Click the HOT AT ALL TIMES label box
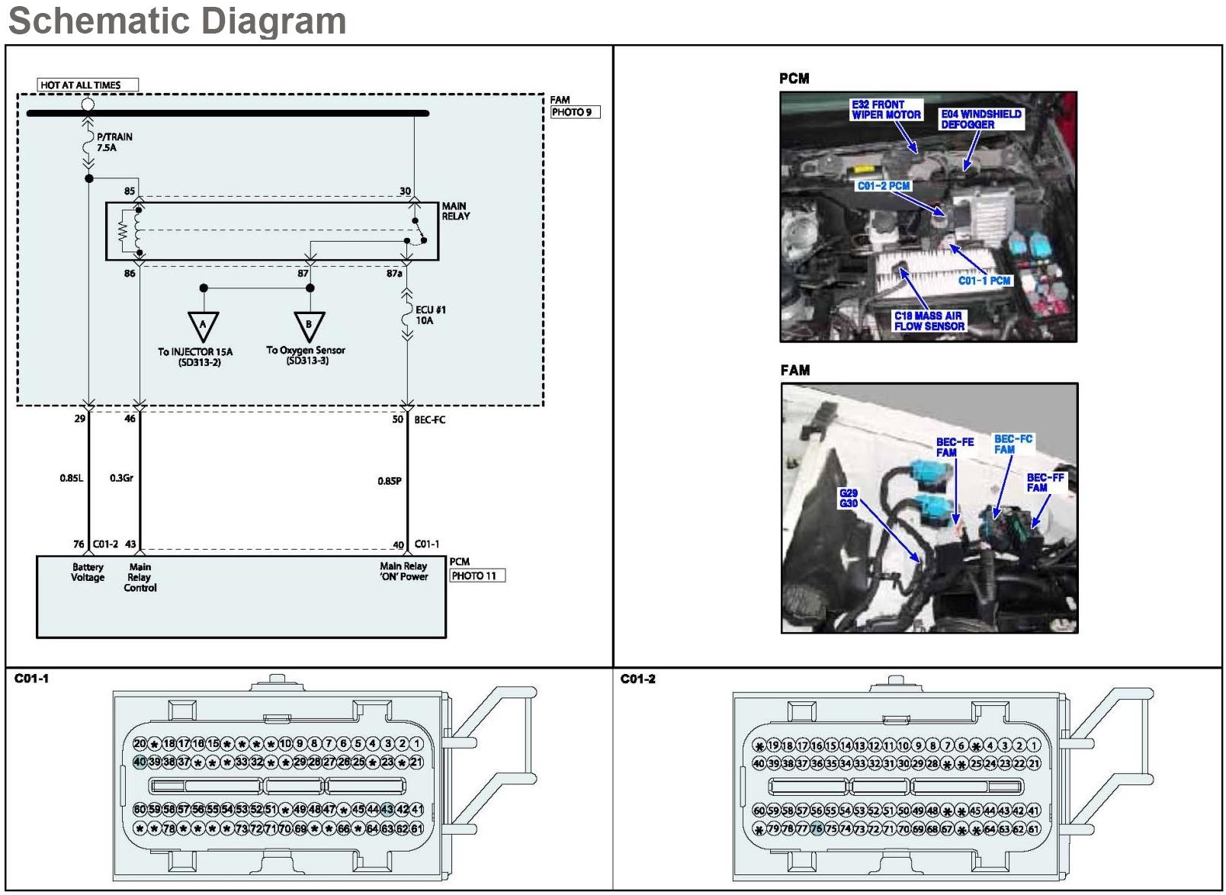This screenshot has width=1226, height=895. click(x=88, y=85)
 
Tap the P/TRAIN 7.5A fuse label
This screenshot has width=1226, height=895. click(x=114, y=142)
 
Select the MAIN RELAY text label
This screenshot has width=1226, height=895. click(x=455, y=211)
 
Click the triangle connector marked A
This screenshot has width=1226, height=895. click(x=203, y=326)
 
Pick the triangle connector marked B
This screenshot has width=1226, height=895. click(x=309, y=326)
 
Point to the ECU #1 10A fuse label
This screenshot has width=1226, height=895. click(x=430, y=315)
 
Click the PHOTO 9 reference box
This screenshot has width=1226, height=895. click(x=575, y=112)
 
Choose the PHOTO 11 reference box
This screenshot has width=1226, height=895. click(x=477, y=576)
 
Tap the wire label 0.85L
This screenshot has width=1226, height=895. click(x=71, y=478)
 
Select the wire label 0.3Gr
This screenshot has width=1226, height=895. click(x=121, y=478)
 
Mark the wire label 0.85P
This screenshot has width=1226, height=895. click(x=389, y=481)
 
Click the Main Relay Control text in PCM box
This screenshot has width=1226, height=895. click(x=140, y=577)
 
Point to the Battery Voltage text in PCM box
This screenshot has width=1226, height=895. click(x=88, y=572)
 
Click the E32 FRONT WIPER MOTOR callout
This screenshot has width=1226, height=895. click(x=886, y=110)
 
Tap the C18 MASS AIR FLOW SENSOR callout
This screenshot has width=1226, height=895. click(x=929, y=321)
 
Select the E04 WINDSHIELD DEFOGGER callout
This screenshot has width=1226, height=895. click(x=980, y=119)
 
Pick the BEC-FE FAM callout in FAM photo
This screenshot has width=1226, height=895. click(x=955, y=447)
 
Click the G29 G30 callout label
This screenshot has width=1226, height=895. click(x=849, y=498)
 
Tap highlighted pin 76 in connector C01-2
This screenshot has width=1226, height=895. click(x=817, y=829)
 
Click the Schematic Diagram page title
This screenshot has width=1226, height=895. click(x=177, y=21)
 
